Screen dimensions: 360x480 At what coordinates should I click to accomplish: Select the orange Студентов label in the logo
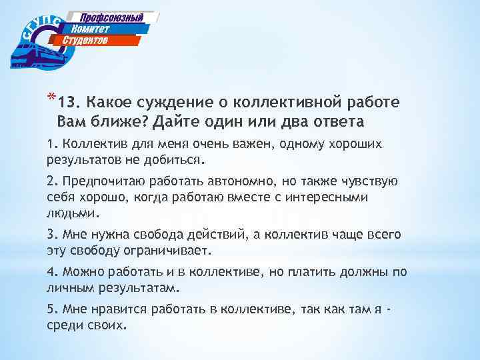85,41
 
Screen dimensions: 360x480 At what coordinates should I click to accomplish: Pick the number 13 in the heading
67,104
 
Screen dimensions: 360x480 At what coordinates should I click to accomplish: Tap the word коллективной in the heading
286,104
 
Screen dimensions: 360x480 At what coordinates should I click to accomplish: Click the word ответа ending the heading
339,121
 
